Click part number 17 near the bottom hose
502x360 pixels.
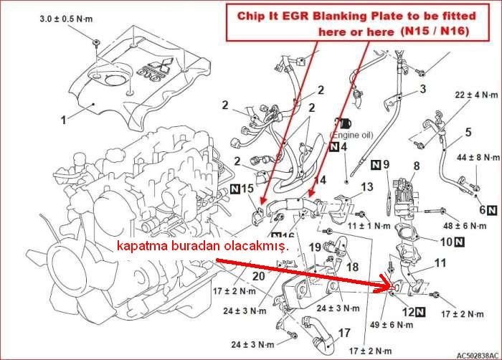[x=345, y=333]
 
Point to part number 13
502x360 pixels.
[x=366, y=187]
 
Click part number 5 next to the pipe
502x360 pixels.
[x=468, y=132]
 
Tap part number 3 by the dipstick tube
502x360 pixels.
[x=422, y=89]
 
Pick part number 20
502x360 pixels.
[x=259, y=275]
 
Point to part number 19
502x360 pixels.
[x=313, y=247]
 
